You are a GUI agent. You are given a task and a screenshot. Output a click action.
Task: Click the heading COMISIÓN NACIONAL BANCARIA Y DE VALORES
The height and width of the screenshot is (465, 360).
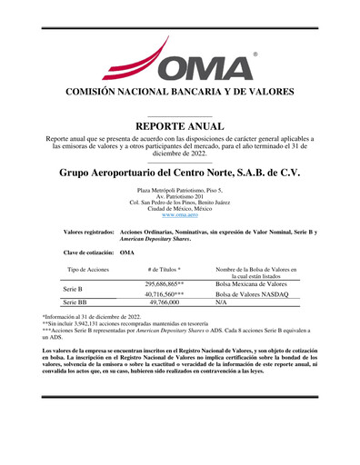coord(180,92)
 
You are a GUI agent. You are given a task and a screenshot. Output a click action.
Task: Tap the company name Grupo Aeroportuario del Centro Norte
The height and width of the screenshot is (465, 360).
coord(180,172)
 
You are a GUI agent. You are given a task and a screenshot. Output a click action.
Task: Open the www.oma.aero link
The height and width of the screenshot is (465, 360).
coord(180,214)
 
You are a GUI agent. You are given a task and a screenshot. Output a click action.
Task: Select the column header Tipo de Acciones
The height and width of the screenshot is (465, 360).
coord(88,270)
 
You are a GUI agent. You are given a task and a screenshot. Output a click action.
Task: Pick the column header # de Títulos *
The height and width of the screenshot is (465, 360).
coord(165,270)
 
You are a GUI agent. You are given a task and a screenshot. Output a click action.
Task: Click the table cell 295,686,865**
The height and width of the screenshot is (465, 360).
coord(165,283)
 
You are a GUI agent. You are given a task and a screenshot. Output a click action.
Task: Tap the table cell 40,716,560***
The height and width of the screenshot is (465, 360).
coord(165,294)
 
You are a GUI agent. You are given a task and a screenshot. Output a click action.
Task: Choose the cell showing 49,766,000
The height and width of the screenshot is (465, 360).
coord(165,303)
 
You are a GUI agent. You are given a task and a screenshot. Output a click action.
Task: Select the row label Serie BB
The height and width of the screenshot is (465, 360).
coord(75,303)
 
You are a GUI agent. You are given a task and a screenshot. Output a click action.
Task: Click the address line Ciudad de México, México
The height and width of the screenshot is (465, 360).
coord(180,208)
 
